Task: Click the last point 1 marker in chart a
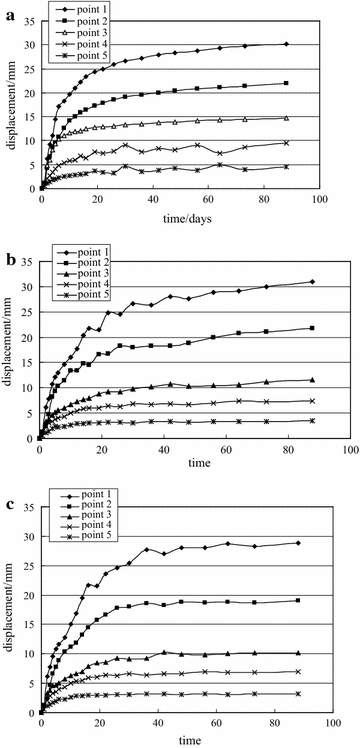coord(286,44)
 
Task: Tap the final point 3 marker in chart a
coord(286,118)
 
